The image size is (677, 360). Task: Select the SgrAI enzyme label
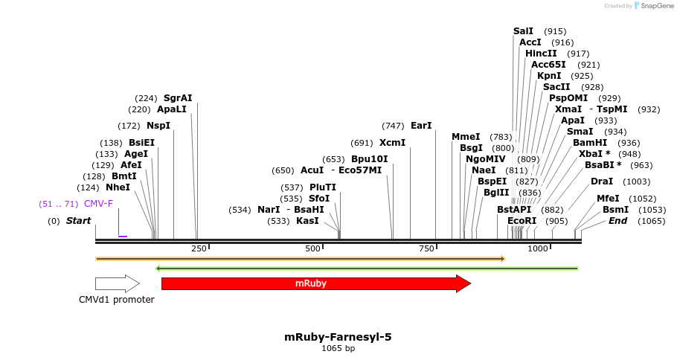click(x=178, y=98)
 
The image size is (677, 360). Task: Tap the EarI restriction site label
click(x=421, y=126)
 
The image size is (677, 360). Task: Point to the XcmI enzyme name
click(x=392, y=143)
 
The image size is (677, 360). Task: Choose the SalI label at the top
click(x=523, y=31)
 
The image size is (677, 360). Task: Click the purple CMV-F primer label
click(x=98, y=204)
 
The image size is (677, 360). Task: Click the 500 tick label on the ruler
click(x=312, y=248)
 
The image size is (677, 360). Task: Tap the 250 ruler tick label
click(x=199, y=248)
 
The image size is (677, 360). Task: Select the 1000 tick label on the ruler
click(x=537, y=248)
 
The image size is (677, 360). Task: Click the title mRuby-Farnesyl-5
click(x=338, y=337)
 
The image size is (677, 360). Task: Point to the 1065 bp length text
click(x=338, y=348)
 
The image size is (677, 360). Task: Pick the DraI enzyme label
click(x=602, y=181)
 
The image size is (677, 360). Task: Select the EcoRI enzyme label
click(x=522, y=221)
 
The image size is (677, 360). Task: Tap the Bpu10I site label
click(x=369, y=159)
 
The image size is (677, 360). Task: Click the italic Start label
click(x=78, y=221)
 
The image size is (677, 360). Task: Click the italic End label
click(x=617, y=221)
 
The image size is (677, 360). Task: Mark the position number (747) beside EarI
click(x=393, y=126)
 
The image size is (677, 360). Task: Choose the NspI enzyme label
click(x=158, y=126)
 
